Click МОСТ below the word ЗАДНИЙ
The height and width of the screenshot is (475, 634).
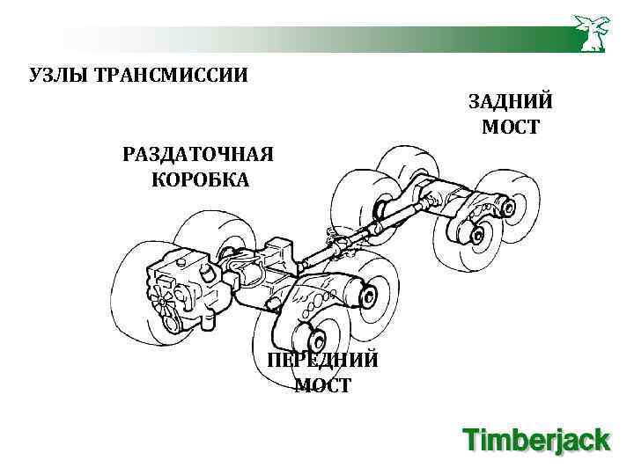(511, 128)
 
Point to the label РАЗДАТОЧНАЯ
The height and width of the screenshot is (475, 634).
(199, 155)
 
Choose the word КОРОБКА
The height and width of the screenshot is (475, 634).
(200, 180)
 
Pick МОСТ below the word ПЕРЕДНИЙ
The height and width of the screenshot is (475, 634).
(322, 385)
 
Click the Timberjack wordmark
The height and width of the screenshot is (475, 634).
(536, 440)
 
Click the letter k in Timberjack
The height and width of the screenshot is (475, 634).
(601, 439)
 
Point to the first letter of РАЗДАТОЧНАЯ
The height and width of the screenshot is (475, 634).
(129, 155)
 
